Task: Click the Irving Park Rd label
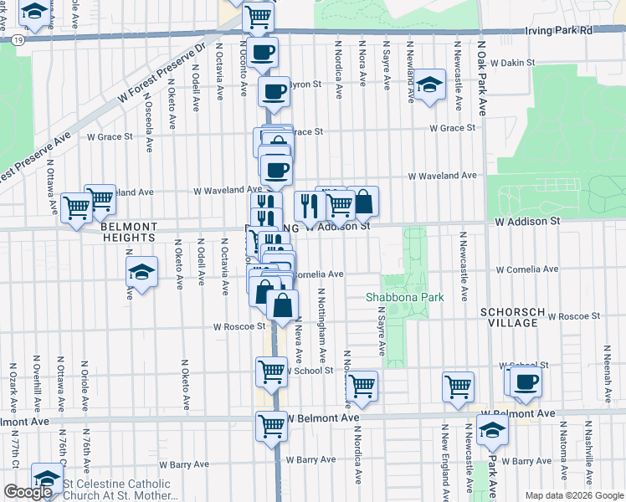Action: click(x=563, y=30)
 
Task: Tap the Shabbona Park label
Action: click(x=404, y=297)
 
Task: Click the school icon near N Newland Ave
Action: click(x=429, y=85)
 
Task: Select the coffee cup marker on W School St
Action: click(x=525, y=382)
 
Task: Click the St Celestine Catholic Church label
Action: click(x=116, y=489)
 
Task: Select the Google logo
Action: click(x=28, y=492)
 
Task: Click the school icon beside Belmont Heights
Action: click(x=141, y=271)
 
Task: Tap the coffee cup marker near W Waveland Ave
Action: click(x=276, y=170)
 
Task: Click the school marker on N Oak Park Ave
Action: click(x=492, y=429)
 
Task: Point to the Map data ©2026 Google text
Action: click(x=573, y=495)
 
